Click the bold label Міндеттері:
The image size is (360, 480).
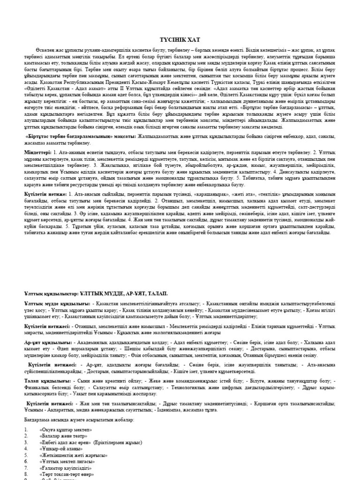38,153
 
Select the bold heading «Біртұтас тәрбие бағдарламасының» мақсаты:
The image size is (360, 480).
80,136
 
